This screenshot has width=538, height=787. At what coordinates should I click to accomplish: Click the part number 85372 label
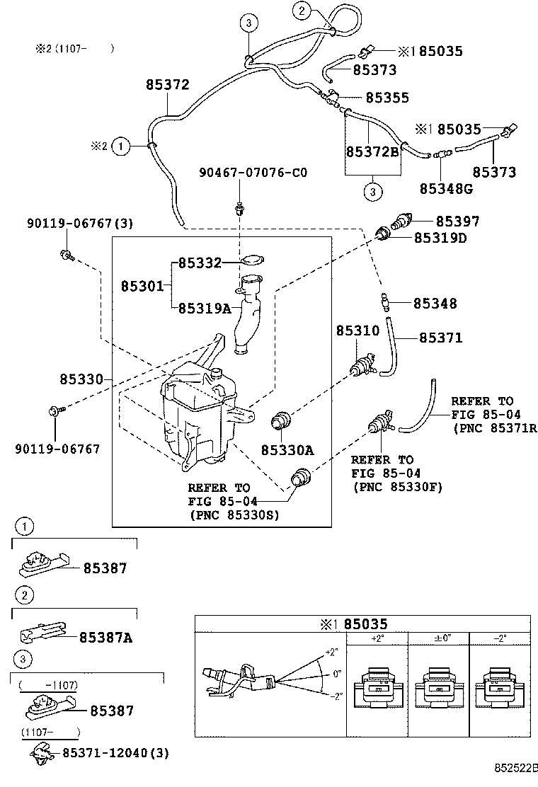pyautogui.click(x=168, y=85)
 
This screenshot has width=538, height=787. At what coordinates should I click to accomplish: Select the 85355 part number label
pyautogui.click(x=387, y=98)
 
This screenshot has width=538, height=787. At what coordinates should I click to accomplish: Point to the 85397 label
pyautogui.click(x=457, y=222)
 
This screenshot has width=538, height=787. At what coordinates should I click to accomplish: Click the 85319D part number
pyautogui.click(x=440, y=238)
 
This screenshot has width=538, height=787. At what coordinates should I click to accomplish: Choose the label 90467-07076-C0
pyautogui.click(x=253, y=172)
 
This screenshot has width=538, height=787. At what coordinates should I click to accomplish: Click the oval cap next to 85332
pyautogui.click(x=251, y=261)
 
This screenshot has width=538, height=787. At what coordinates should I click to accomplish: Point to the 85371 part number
pyautogui.click(x=440, y=338)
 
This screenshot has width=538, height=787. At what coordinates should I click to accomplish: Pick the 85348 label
pyautogui.click(x=435, y=304)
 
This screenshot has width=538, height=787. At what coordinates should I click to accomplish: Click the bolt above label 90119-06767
pyautogui.click(x=56, y=410)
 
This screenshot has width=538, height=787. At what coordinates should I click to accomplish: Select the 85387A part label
pyautogui.click(x=105, y=638)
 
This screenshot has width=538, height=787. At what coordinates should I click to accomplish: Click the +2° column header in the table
pyautogui.click(x=376, y=638)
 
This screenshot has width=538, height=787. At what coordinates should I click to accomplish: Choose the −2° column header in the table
pyautogui.click(x=500, y=638)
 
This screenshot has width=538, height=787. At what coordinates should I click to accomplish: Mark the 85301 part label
pyautogui.click(x=142, y=286)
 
